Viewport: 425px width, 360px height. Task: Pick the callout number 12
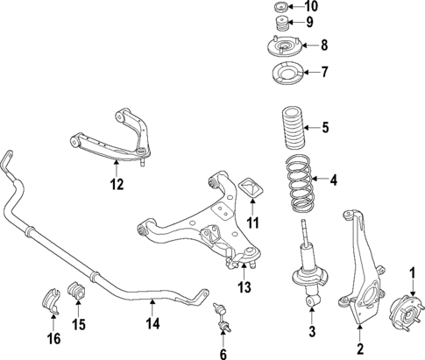coord(117,184)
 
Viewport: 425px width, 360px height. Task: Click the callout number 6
coord(223,354)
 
